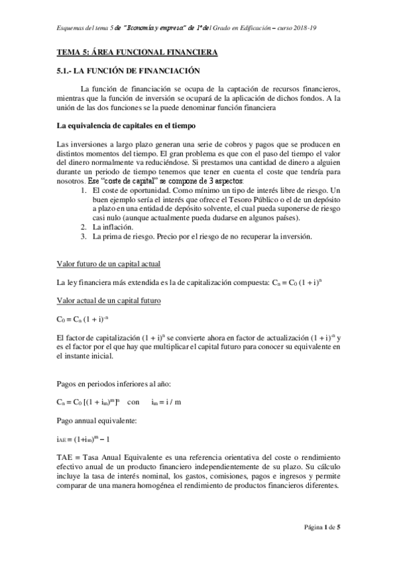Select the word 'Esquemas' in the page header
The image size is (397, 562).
tap(71, 27)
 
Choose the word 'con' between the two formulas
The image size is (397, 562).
tap(133, 402)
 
